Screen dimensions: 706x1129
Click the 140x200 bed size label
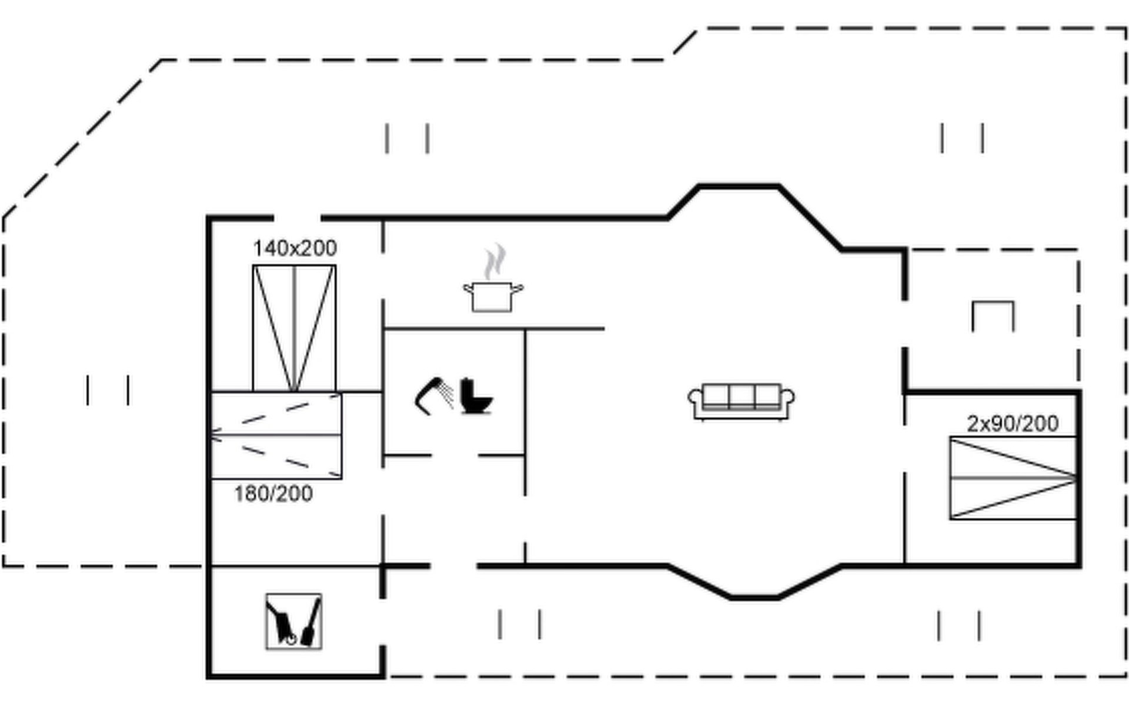tap(295, 248)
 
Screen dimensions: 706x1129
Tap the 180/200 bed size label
tap(273, 494)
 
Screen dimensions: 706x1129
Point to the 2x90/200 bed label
tap(1013, 424)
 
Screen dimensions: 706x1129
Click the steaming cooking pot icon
tap(493, 296)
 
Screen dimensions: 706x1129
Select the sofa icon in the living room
tap(741, 402)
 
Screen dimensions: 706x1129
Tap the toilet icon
tap(475, 397)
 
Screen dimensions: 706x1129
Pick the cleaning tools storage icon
tap(293, 621)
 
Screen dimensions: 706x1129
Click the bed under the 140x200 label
tap(294, 328)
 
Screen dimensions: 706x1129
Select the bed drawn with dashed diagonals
tap(276, 435)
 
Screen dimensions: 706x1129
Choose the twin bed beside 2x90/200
tap(1013, 478)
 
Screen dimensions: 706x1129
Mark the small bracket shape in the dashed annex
tap(993, 315)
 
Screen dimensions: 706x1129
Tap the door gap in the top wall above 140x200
tap(298, 218)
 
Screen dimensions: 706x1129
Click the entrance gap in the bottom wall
tap(453, 566)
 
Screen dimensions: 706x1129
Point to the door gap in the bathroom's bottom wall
tap(455, 455)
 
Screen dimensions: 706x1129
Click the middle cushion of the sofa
tap(741, 396)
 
